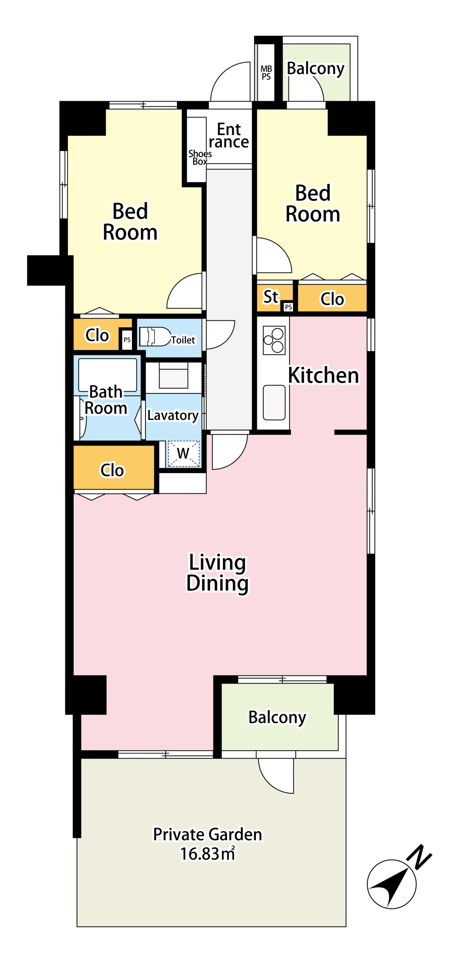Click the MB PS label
266,73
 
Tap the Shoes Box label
200,157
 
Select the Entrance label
229,136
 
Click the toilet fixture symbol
155,336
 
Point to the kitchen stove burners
274,340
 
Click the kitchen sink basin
274,402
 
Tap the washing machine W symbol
183,453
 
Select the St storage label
271,297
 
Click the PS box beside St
288,307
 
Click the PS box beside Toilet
127,339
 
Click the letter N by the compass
419,857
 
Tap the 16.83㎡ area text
208,854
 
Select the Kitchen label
324,375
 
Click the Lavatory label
173,416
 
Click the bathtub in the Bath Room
107,375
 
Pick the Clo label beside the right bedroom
332,299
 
